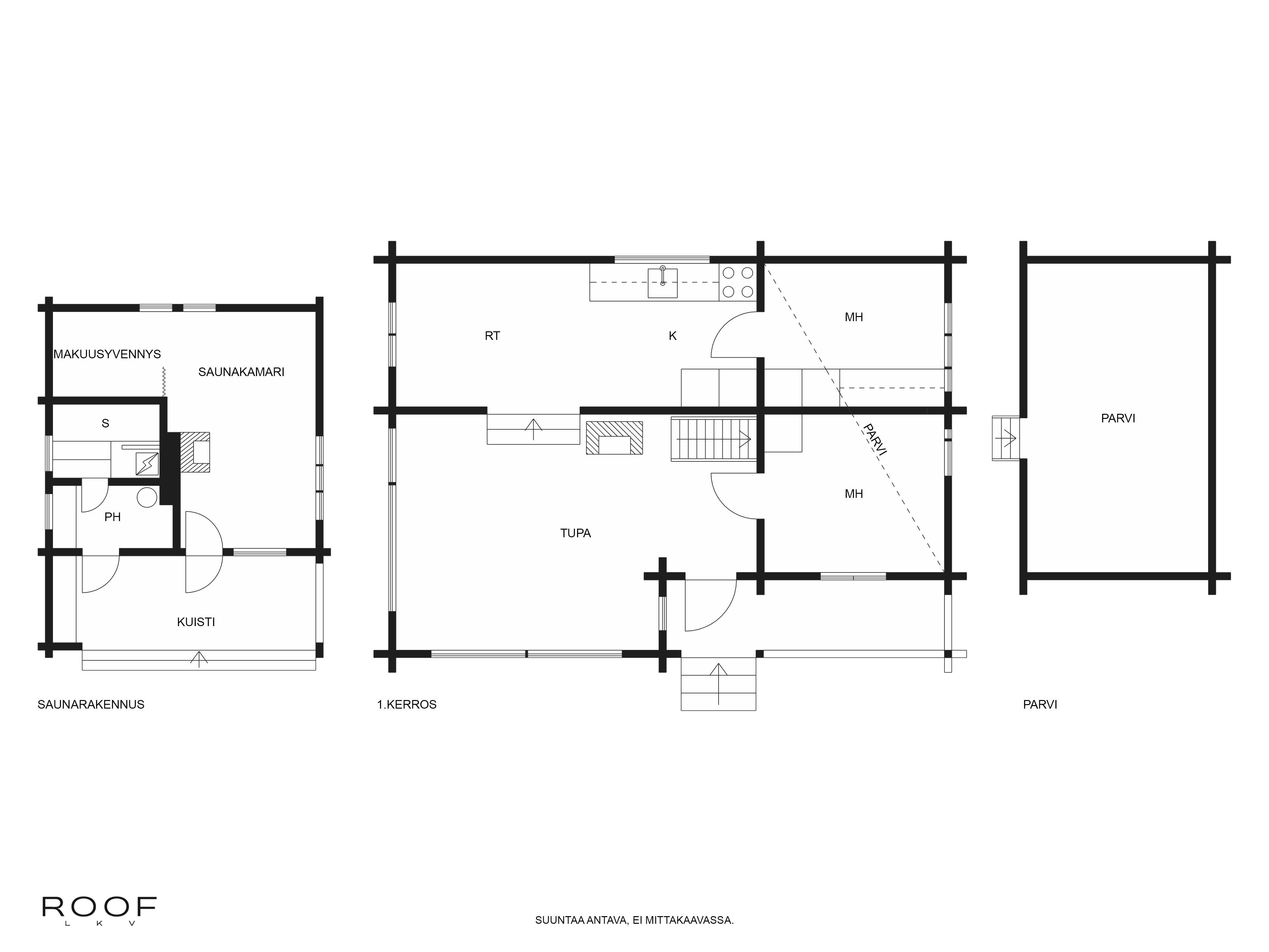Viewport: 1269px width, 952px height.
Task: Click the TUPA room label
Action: tap(575, 533)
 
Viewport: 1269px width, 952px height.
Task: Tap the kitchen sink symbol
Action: tap(663, 283)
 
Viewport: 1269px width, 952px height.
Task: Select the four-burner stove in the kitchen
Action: tap(738, 282)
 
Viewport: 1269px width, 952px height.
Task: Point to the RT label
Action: tap(492, 336)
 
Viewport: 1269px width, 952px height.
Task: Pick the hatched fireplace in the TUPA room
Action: tap(615, 438)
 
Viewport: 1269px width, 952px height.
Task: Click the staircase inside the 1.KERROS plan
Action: tap(714, 439)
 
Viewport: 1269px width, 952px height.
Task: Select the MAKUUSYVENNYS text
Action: tap(107, 354)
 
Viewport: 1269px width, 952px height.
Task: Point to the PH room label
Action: tap(112, 517)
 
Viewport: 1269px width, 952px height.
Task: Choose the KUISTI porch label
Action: tap(196, 621)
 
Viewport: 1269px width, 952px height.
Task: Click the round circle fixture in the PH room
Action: tap(148, 497)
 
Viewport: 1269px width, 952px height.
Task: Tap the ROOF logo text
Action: tap(99, 907)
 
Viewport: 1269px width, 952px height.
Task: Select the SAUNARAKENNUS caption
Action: tap(91, 704)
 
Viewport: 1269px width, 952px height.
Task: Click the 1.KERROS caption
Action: tap(407, 704)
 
